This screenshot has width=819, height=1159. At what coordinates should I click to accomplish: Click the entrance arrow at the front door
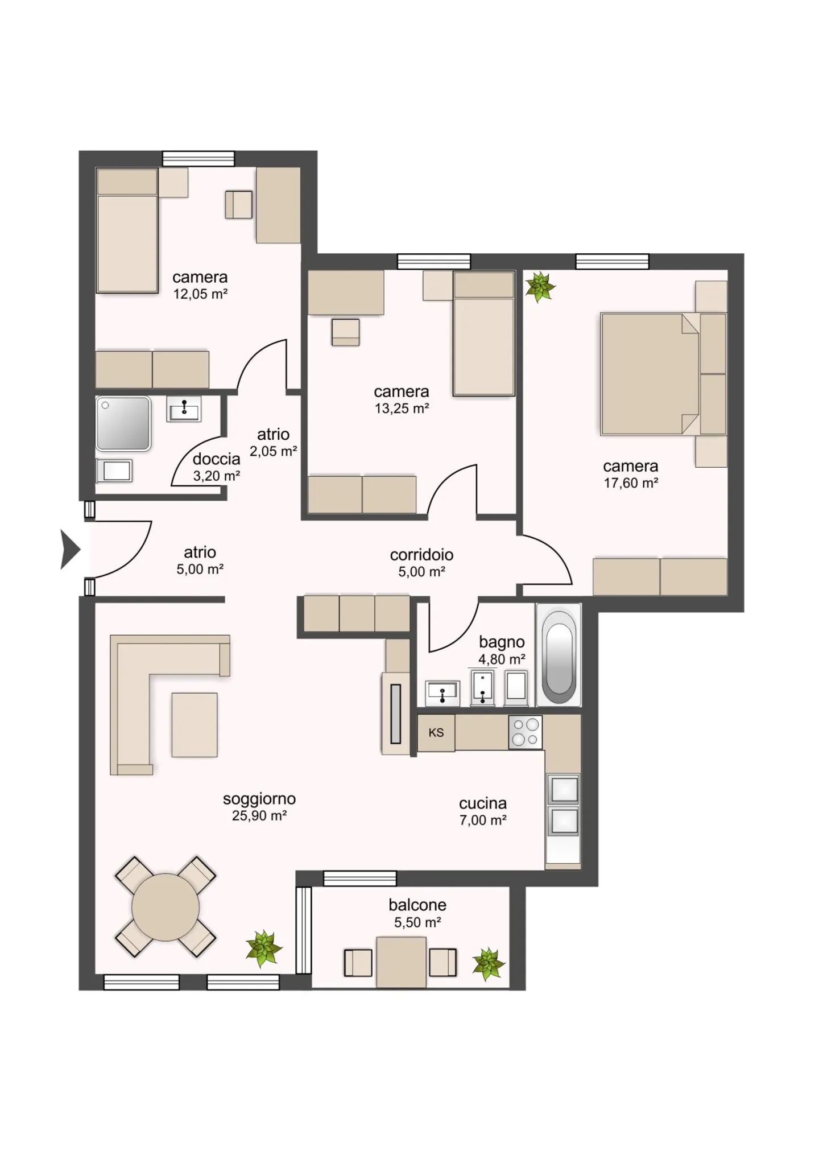pyautogui.click(x=69, y=549)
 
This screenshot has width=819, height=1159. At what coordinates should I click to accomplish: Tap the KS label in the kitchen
pyautogui.click(x=436, y=733)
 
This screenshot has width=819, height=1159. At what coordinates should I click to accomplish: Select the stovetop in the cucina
pyautogui.click(x=525, y=732)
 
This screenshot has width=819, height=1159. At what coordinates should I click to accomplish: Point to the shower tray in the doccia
pyautogui.click(x=123, y=424)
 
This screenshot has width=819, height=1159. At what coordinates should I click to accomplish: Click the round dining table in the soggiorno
pyautogui.click(x=166, y=907)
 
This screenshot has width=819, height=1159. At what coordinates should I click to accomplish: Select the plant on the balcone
pyautogui.click(x=488, y=964)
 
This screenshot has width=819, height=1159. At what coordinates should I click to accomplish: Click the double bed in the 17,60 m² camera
pyautogui.click(x=650, y=374)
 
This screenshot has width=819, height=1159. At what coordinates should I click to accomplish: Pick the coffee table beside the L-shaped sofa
pyautogui.click(x=195, y=724)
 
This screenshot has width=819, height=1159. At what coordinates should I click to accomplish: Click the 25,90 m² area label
pyautogui.click(x=259, y=815)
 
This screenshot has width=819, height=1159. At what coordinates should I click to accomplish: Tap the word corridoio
pyautogui.click(x=421, y=555)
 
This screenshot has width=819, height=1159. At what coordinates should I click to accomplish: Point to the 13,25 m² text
pyautogui.click(x=402, y=408)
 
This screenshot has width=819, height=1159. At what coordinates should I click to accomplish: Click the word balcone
pyautogui.click(x=417, y=905)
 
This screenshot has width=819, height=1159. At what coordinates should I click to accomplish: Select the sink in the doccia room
pyautogui.click(x=184, y=409)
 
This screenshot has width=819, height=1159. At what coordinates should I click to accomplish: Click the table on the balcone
pyautogui.click(x=401, y=962)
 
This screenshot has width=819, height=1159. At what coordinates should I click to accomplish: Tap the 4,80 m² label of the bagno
pyautogui.click(x=502, y=659)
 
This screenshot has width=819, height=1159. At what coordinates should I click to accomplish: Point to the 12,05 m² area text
pyautogui.click(x=200, y=294)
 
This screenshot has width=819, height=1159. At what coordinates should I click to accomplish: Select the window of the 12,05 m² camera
pyautogui.click(x=198, y=158)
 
